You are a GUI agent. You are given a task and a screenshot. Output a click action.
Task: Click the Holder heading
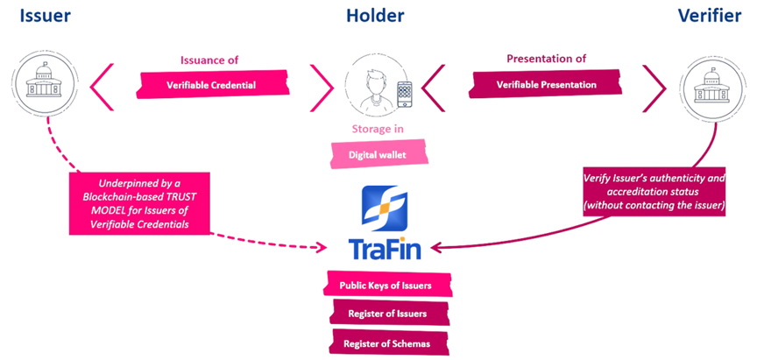(x=375, y=15)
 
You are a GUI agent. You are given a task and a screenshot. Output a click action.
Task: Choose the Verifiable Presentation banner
(x=546, y=85)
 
